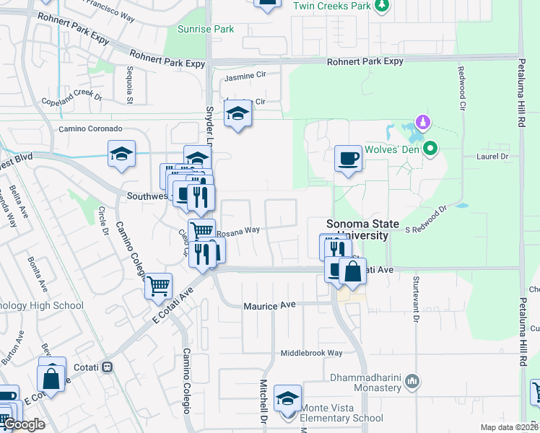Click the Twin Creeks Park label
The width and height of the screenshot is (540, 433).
332,6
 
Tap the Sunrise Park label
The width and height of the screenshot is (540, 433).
206,30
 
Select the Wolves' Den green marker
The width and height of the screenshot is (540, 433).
431,149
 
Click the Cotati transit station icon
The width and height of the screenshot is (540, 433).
108,367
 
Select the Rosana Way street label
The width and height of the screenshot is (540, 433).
238,232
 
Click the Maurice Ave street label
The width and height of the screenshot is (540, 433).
270,306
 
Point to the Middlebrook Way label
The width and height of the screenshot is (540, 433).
312,354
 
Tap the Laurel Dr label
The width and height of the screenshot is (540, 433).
493,155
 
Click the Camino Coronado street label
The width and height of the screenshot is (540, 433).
91,129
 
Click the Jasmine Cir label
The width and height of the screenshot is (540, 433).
246,77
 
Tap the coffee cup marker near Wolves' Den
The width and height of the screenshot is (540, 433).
348,158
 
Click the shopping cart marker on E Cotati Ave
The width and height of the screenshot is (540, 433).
158,285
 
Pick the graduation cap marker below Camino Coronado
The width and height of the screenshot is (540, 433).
122,153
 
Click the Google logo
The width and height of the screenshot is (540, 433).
23,424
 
